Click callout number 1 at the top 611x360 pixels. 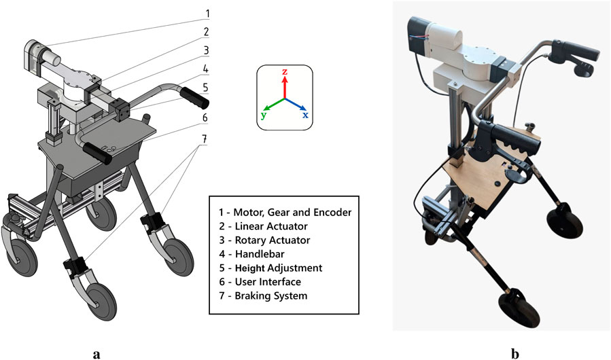[x=208, y=13]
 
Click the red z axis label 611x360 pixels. [x=285, y=71]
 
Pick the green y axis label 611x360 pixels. [x=262, y=115]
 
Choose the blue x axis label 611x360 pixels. [x=305, y=115]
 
